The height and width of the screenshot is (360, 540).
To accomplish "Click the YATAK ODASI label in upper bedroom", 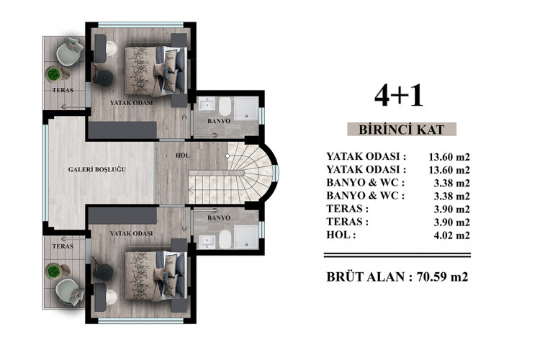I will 131,103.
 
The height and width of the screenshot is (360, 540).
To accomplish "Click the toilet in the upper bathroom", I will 224,108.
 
